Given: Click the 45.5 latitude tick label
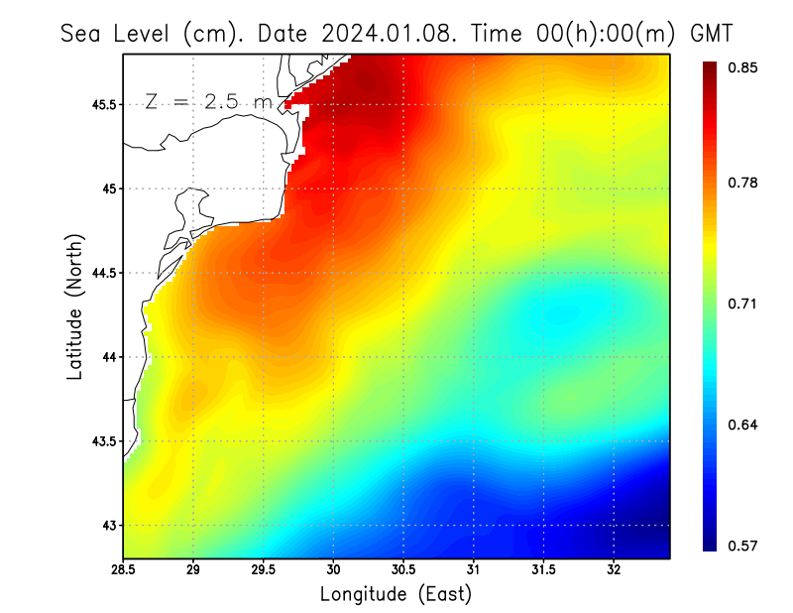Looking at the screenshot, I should pyautogui.click(x=102, y=104).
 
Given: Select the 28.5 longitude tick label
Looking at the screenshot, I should pyautogui.click(x=124, y=570).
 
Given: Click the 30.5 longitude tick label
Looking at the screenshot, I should pyautogui.click(x=403, y=570).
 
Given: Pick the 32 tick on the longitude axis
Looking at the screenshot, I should pyautogui.click(x=614, y=570).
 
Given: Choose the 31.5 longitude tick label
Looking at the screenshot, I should pyautogui.click(x=543, y=570).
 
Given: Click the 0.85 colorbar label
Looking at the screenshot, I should pyautogui.click(x=744, y=67).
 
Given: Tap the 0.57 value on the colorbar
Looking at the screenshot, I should pyautogui.click(x=744, y=546).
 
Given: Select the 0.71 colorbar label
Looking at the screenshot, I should pyautogui.click(x=744, y=304).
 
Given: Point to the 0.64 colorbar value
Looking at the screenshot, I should pyautogui.click(x=744, y=425).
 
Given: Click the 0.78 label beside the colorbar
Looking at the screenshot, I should pyautogui.click(x=744, y=183).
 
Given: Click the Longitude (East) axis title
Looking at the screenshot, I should pyautogui.click(x=396, y=594).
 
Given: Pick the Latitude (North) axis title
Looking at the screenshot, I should pyautogui.click(x=75, y=306).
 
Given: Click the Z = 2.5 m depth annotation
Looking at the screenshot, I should pyautogui.click(x=207, y=101).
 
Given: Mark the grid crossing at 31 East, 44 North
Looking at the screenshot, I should pyautogui.click(x=474, y=357).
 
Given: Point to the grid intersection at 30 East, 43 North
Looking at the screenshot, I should pyautogui.click(x=334, y=525).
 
